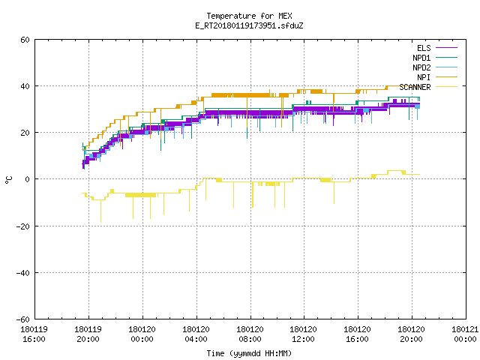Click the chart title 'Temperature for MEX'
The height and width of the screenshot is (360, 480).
pos(249,16)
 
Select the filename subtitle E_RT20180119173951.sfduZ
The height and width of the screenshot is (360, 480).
pos(249,25)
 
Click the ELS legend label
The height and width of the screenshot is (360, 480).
pos(424,48)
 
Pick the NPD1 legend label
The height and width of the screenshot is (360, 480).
pos(421,58)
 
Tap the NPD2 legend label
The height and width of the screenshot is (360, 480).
pos(421,67)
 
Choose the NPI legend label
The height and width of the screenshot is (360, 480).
pos(424,77)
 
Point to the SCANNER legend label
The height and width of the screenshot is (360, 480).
pos(415,87)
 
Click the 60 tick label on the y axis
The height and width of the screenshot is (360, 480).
pos(25,40)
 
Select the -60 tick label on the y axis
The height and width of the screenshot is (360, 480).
pos(23,319)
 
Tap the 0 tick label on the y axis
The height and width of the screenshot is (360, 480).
pos(28,179)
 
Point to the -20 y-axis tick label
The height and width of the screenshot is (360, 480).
pos(23,226)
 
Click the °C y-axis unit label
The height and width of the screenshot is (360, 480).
pos(8,180)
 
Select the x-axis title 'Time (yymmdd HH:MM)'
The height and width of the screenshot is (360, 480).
pos(249,353)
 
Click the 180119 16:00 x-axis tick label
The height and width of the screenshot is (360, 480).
pos(34,334)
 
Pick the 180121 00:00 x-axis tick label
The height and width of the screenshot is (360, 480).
pos(465,334)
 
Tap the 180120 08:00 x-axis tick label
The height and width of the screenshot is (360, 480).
pos(250,334)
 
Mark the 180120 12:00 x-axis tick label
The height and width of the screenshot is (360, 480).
pos(303,334)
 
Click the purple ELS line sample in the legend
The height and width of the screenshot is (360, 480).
pos(446,48)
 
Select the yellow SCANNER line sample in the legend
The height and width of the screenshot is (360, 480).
pos(446,87)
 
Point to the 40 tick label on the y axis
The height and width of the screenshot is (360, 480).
pos(25,86)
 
